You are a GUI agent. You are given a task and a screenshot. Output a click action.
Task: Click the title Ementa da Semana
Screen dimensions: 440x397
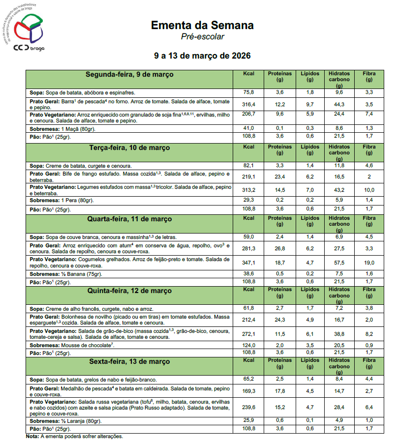(x=202, y=25)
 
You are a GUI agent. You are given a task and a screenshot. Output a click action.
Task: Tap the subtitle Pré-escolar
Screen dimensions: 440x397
(x=202, y=36)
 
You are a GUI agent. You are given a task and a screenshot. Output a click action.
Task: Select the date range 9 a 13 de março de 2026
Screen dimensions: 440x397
(x=202, y=56)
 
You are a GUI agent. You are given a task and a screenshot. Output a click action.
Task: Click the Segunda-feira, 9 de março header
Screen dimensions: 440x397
(x=129, y=75)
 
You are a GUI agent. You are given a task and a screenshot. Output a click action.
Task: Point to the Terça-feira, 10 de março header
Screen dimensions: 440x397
(x=129, y=147)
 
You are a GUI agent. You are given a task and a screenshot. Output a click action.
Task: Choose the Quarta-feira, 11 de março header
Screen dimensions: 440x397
(x=129, y=219)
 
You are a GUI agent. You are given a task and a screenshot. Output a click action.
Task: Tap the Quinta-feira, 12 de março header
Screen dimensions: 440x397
(x=129, y=291)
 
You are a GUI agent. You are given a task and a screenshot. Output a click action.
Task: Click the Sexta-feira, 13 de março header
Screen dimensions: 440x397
(x=129, y=362)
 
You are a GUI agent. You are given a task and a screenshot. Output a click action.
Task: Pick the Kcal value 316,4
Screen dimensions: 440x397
(x=249, y=104)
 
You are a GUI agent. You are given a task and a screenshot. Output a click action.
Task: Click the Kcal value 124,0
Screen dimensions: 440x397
(x=249, y=345)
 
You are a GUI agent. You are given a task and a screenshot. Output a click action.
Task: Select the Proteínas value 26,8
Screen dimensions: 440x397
(x=279, y=248)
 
